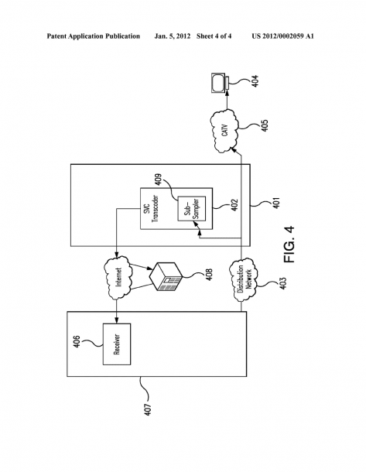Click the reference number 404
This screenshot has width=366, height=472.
255,81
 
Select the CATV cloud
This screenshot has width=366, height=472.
225,132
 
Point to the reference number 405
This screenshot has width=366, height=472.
265,126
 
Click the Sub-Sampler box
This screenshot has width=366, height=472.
192,209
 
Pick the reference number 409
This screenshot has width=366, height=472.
159,180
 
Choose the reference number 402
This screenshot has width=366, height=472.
234,205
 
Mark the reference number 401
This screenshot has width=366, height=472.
276,203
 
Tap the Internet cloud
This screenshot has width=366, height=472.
118,278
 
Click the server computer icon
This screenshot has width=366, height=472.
166,276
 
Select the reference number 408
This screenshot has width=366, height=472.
209,274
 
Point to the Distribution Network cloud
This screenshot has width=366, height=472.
243,279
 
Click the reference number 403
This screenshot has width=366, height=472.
283,283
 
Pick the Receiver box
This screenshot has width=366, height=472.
117,344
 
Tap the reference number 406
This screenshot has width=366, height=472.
77,342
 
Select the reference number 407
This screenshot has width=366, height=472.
148,409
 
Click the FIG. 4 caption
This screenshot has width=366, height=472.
289,245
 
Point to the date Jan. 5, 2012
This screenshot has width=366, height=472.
172,36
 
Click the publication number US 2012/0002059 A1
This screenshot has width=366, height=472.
282,36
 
